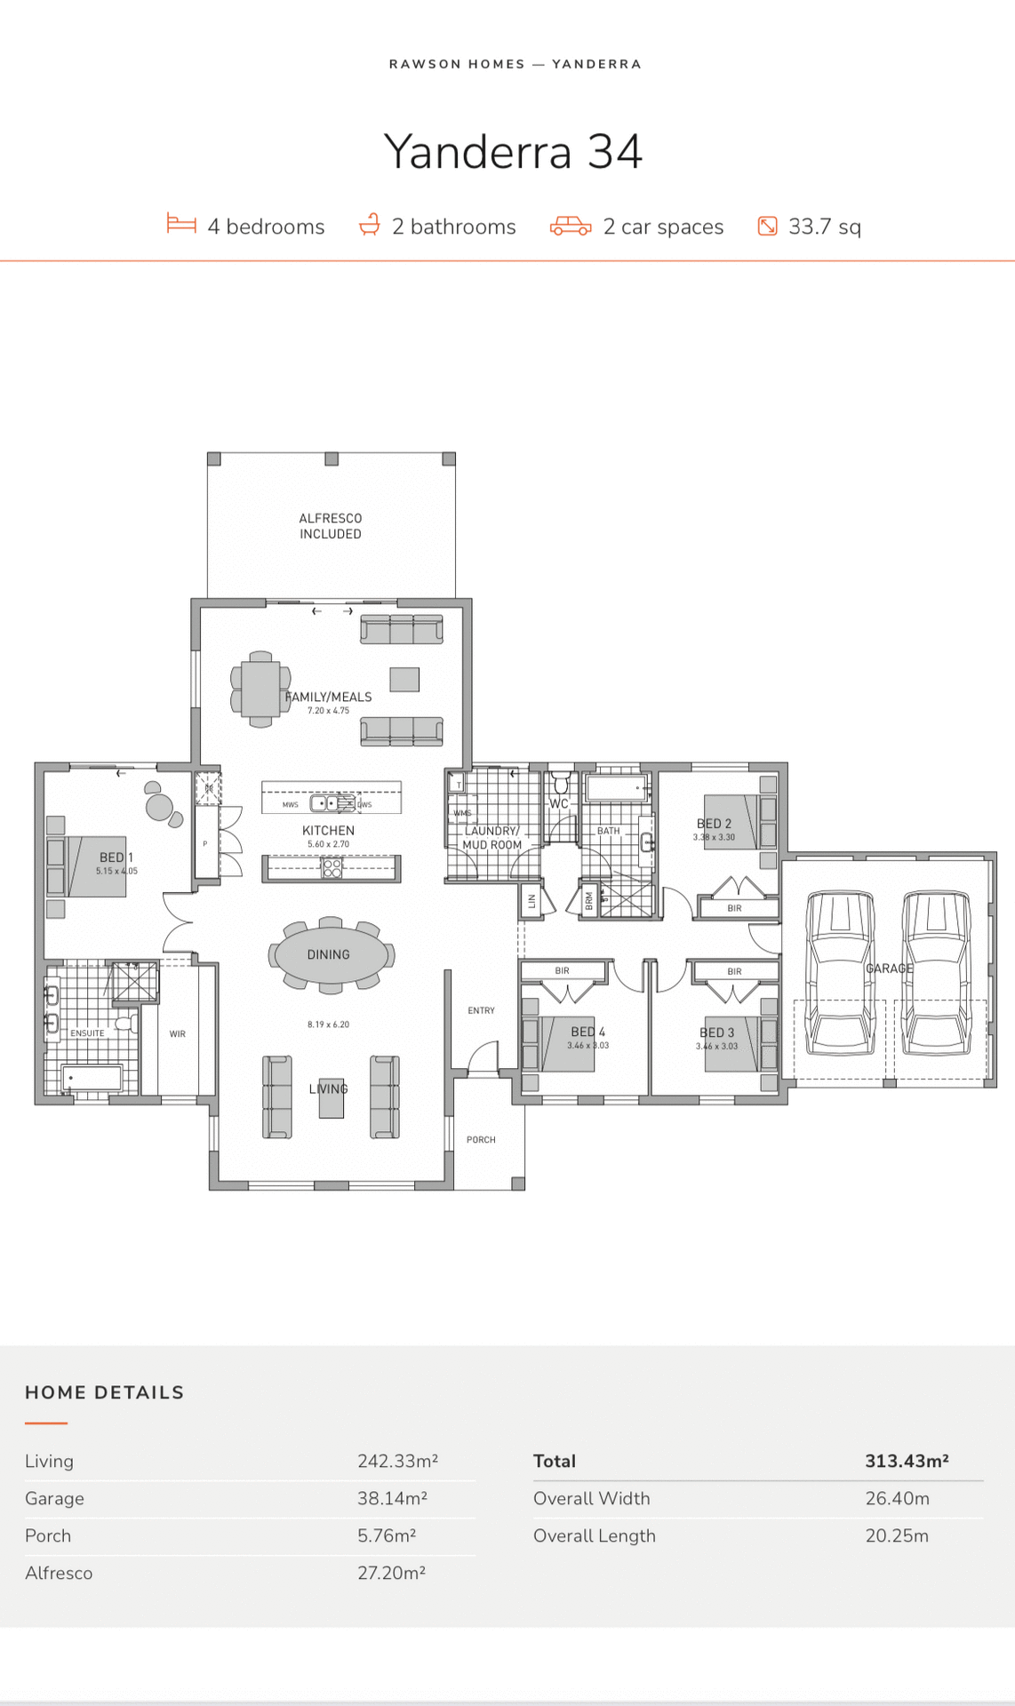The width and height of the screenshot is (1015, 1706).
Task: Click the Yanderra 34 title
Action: [x=513, y=152]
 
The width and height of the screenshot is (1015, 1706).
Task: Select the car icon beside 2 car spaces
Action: [x=571, y=226]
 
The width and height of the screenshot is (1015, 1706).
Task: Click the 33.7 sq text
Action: [x=825, y=227]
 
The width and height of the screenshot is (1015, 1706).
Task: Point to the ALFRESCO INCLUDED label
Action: [x=331, y=526]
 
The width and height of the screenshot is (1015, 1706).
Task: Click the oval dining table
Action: [x=332, y=954]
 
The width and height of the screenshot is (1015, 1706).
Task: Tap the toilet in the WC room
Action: [x=560, y=785]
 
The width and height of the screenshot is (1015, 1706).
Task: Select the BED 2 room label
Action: [x=714, y=824]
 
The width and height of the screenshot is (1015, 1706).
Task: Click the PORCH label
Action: [x=481, y=1139]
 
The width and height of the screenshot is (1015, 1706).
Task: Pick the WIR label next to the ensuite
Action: [x=178, y=1033]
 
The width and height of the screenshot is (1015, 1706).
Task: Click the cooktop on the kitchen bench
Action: [x=332, y=868]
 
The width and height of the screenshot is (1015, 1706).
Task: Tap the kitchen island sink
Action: [x=326, y=803]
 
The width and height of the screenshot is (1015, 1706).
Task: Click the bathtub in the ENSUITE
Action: [x=92, y=1080]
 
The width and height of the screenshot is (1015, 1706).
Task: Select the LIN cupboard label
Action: [x=531, y=901]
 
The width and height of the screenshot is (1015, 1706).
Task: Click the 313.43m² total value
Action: [x=907, y=1461]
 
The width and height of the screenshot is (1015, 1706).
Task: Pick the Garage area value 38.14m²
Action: [x=392, y=1498]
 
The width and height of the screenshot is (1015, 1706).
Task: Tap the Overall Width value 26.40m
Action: [x=897, y=1498]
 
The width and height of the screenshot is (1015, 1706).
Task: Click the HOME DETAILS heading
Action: [x=104, y=1392]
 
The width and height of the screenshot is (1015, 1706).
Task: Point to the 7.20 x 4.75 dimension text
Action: [x=328, y=711]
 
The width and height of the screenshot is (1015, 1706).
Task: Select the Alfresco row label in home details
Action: [x=59, y=1573]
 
